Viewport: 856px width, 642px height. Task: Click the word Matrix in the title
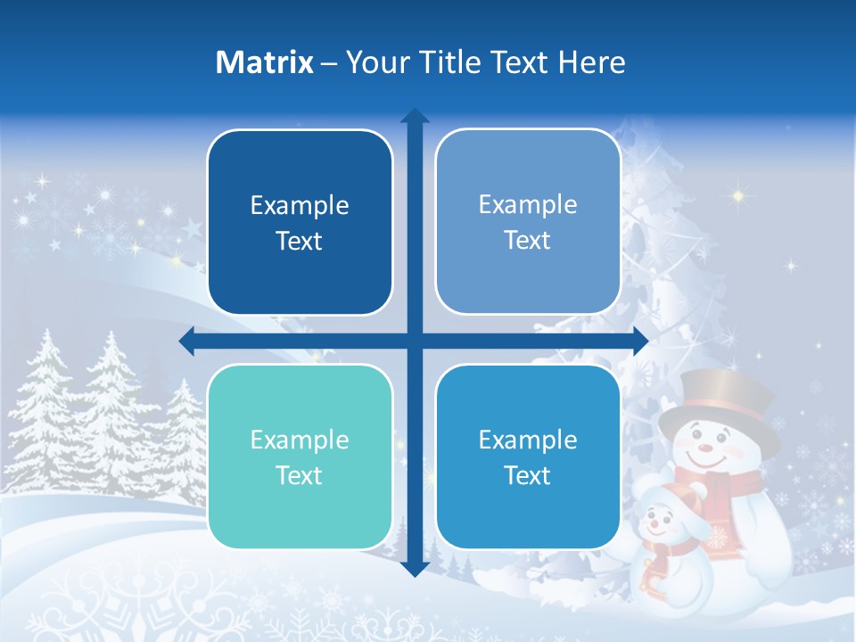coord(264,62)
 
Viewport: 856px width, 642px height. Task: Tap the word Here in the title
coord(591,62)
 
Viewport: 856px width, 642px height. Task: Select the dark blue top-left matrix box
coord(300,223)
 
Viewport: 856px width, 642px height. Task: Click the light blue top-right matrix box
coord(528,222)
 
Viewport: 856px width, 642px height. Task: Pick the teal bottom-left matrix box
coord(300,457)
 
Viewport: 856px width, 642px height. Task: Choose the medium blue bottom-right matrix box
coord(528,457)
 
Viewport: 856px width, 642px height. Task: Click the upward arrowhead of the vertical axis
coord(415,116)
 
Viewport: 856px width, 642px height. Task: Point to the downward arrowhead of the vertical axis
coord(415,569)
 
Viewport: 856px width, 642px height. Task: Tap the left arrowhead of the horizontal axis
coord(187,341)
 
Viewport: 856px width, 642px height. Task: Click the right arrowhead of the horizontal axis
coord(639,341)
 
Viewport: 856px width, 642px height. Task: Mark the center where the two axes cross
coord(415,341)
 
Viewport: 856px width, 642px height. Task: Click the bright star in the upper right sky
coord(738,193)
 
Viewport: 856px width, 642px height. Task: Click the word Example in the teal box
coord(300,440)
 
